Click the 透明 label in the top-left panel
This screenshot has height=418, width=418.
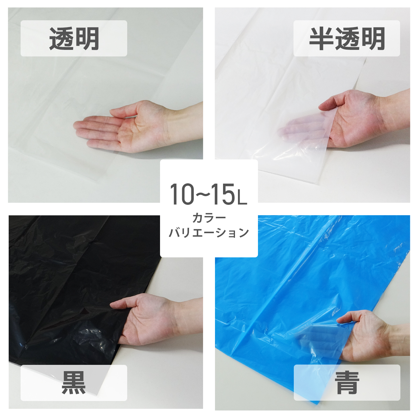[74, 39]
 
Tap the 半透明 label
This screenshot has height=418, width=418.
[347, 39]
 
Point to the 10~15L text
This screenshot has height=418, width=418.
[208, 194]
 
